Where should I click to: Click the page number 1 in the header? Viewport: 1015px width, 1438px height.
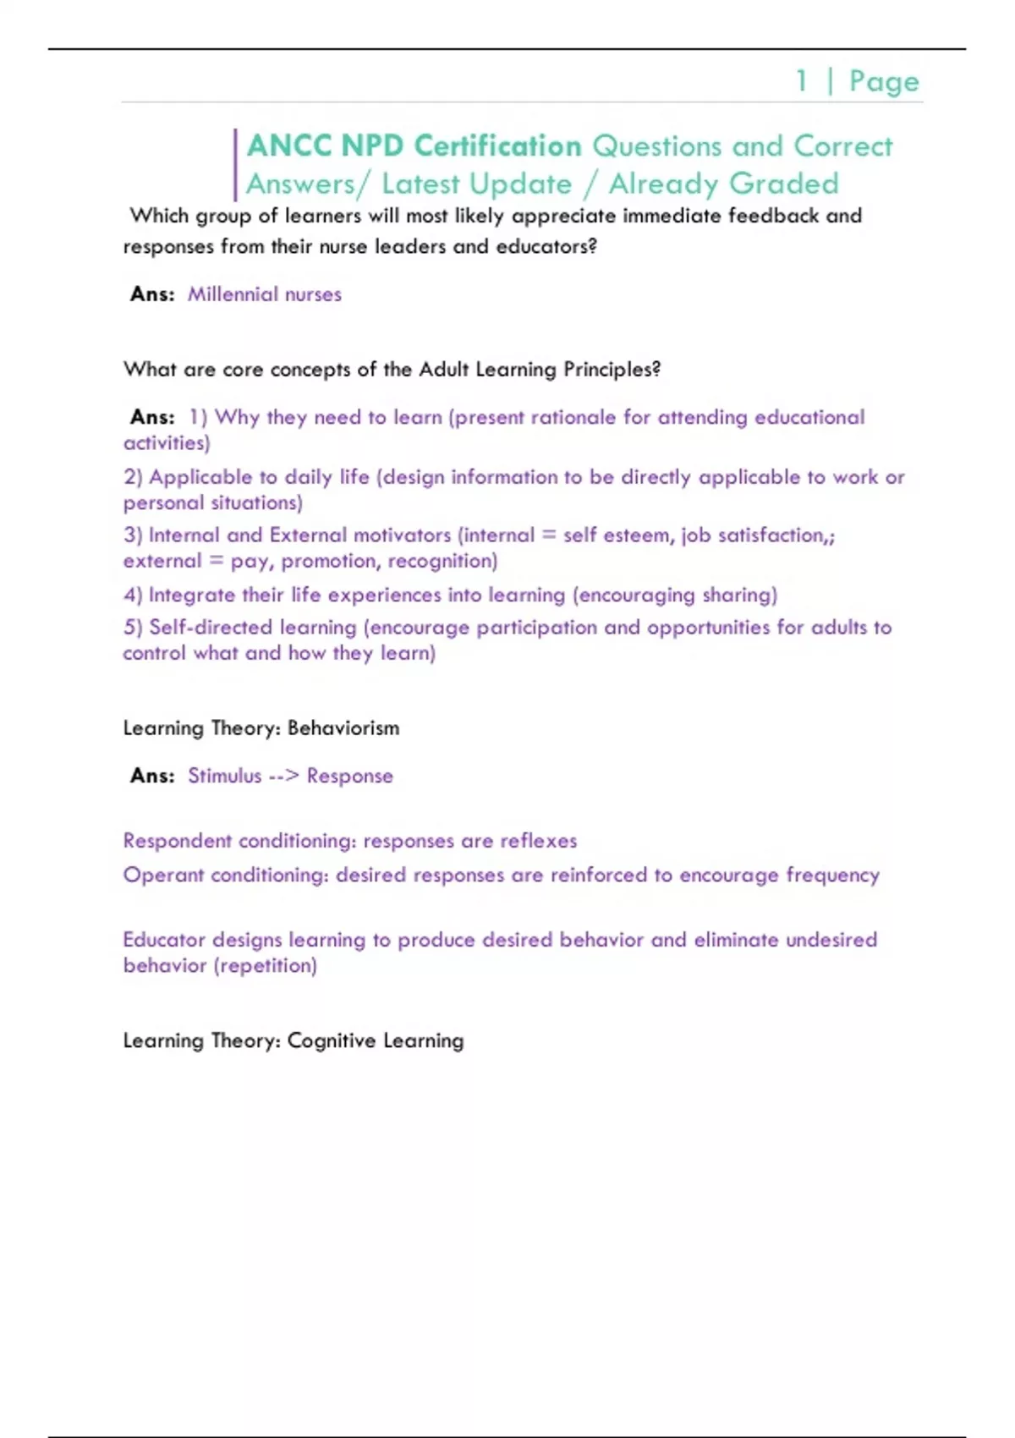point(801,81)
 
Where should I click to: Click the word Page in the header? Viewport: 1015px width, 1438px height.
point(884,82)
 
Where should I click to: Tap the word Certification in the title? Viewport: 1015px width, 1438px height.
point(497,146)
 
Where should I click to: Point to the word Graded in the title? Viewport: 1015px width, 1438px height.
point(783,184)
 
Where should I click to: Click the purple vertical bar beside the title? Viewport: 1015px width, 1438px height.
point(235,165)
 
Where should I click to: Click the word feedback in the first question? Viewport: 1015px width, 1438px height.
point(773,216)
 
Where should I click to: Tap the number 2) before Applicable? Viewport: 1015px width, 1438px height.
point(133,477)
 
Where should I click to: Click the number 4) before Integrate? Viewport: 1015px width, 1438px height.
point(133,595)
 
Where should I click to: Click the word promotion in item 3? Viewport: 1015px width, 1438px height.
point(328,561)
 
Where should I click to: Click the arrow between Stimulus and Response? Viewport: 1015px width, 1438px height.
point(283,776)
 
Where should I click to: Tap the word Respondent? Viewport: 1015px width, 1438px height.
point(177,841)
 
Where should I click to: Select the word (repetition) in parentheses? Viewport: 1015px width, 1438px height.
point(266,965)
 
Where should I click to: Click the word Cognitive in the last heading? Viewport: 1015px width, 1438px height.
point(332,1040)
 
